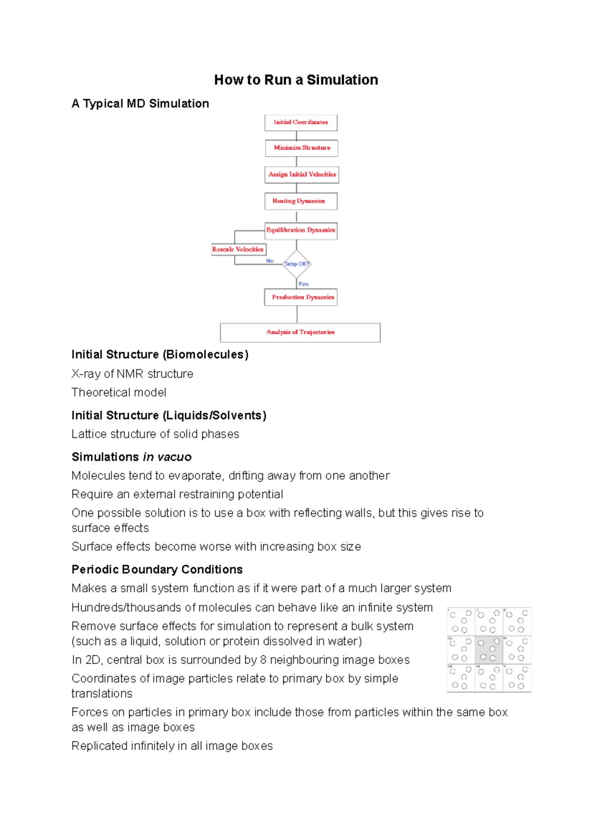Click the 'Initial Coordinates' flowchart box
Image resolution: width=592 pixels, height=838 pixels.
click(x=301, y=122)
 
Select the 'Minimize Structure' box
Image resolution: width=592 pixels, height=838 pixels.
click(x=301, y=148)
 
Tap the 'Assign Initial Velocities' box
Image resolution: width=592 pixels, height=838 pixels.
click(x=302, y=175)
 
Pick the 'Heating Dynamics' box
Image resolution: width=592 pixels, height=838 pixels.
click(x=301, y=201)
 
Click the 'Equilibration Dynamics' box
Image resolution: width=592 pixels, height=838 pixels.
click(x=301, y=230)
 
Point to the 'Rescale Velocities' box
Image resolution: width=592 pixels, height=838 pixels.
click(x=238, y=250)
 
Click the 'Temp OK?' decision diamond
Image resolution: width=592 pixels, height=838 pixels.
click(x=296, y=264)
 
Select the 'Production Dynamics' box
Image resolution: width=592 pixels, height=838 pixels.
click(x=301, y=297)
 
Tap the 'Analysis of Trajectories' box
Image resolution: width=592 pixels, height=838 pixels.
click(x=300, y=332)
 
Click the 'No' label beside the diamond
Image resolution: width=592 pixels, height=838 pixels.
click(x=269, y=261)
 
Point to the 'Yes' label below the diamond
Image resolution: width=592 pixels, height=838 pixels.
click(x=303, y=284)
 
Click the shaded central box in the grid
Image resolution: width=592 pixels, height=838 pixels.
click(x=489, y=649)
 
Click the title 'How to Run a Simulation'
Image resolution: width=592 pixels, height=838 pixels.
click(x=296, y=80)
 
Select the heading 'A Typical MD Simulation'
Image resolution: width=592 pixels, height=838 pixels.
click(x=140, y=104)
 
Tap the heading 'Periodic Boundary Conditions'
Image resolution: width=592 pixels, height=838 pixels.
click(x=157, y=570)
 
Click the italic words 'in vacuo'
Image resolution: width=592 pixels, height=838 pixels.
click(x=167, y=457)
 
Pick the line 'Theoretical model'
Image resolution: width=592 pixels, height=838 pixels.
click(x=119, y=392)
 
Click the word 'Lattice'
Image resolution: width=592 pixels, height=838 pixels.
click(x=89, y=434)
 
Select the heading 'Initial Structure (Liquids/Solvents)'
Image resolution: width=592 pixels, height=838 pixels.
click(x=169, y=416)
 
